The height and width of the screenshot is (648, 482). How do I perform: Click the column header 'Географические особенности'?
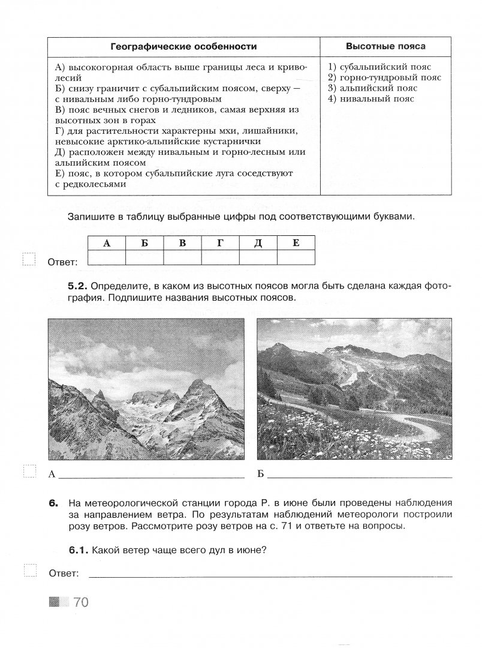(183, 46)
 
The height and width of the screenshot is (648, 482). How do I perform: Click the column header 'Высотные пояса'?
(386, 46)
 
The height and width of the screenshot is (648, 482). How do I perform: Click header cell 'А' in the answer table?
(107, 243)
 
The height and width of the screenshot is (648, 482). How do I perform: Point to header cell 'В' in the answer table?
(183, 243)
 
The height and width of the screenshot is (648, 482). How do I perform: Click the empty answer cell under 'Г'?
(220, 257)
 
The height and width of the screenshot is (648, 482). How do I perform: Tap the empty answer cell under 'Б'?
(144, 257)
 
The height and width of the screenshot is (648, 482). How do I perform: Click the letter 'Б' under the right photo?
(260, 475)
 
